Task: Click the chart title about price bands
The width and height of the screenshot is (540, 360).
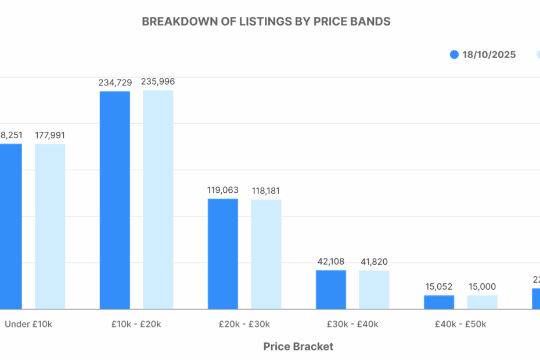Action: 266,21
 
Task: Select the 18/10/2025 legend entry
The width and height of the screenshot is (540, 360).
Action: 483,55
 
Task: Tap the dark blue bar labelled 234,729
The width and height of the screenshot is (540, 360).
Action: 115,200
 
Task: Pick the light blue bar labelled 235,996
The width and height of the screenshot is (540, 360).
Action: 158,199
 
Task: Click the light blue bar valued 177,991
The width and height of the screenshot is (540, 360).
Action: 50,226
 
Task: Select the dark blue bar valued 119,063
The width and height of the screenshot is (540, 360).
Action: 223,254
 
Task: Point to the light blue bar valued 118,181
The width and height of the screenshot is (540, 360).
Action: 266,254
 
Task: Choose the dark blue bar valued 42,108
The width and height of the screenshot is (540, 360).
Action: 331,289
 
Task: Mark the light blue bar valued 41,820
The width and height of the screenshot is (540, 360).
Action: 374,289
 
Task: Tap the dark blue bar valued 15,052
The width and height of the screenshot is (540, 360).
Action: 439,302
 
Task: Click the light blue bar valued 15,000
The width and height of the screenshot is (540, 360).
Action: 482,302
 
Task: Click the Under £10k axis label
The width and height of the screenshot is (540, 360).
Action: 28,324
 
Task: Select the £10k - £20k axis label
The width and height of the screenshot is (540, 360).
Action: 136,324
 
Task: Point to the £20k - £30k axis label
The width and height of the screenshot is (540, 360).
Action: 244,324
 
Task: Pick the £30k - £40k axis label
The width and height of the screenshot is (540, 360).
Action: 352,324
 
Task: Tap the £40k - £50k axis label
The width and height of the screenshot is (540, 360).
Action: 460,324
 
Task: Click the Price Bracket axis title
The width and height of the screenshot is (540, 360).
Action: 298,347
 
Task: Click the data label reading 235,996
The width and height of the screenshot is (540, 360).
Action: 158,82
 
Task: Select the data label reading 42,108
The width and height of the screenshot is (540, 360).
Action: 331,262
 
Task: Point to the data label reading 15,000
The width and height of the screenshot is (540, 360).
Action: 482,287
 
